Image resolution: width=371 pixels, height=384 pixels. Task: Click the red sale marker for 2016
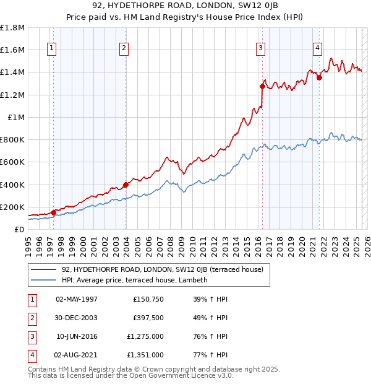point(262,87)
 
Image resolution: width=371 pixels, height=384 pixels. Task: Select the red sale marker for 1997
point(53,212)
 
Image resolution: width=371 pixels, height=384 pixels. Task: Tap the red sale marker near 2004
point(126,185)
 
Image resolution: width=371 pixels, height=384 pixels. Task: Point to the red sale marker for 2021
point(319,77)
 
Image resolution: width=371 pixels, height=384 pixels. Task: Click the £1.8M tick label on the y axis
point(12,28)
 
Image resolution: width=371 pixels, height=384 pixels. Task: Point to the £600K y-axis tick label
point(12,162)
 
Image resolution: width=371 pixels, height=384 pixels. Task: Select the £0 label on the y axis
point(19,229)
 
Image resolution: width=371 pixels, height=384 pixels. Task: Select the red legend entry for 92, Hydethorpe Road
point(163,269)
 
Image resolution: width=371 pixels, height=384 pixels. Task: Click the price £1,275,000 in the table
point(148,336)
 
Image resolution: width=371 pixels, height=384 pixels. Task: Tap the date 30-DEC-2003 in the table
point(76,318)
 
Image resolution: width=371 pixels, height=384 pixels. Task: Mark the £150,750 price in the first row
point(148,299)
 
